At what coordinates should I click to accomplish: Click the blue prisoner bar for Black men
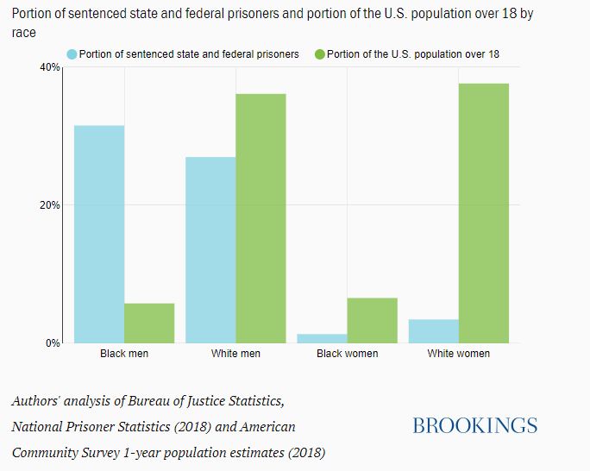99,234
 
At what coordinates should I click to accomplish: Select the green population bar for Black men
149,323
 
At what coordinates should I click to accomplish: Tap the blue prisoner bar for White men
210,249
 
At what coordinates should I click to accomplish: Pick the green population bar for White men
260,217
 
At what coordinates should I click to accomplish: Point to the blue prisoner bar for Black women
322,338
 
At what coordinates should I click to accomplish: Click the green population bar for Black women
372,320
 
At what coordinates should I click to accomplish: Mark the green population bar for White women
483,212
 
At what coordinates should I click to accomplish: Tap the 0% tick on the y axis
51,343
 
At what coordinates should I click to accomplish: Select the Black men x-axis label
124,354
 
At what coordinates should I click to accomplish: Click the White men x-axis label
235,354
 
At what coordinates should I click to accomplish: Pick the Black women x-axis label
347,354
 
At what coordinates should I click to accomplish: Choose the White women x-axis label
458,354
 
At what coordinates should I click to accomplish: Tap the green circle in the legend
320,54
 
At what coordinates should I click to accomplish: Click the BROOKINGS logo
474,425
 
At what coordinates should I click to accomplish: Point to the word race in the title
23,32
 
